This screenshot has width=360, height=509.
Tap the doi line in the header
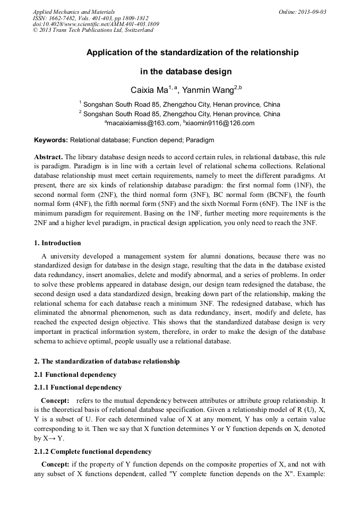pos(96,24)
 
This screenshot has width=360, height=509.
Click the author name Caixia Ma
pos(149,90)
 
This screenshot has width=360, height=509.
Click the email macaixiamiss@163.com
pos(143,123)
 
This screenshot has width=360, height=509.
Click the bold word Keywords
pos(50,140)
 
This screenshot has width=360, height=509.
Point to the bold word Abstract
pos(48,157)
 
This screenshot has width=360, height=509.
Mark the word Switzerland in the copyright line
pos(137,30)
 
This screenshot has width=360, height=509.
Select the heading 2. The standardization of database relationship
pos(107,361)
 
